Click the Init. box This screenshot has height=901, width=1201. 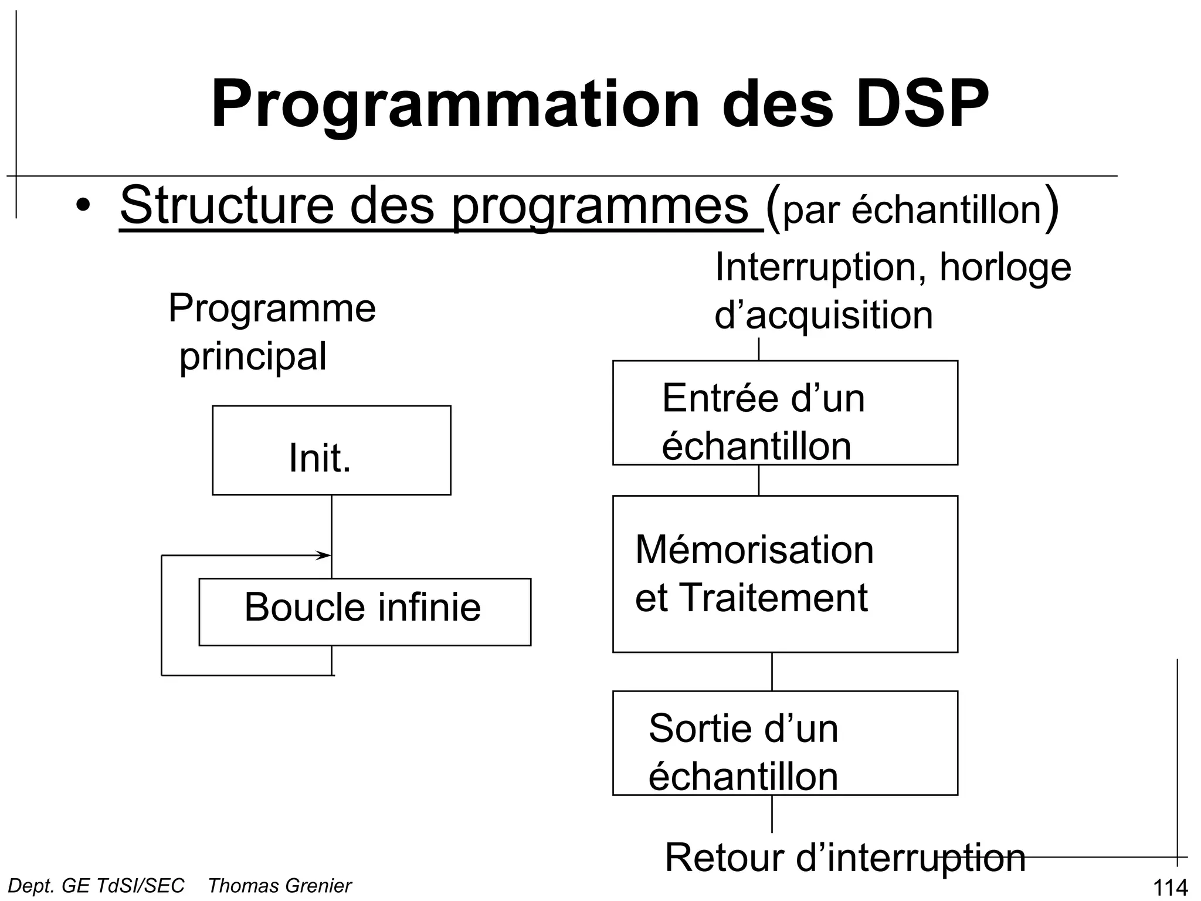(x=331, y=450)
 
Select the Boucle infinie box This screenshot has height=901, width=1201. (x=364, y=611)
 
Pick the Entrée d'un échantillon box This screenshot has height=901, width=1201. (x=785, y=413)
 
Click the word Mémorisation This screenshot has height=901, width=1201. (x=754, y=550)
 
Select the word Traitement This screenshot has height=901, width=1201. (x=774, y=598)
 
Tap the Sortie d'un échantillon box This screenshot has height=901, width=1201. (x=785, y=743)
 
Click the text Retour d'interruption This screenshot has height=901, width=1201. (x=845, y=858)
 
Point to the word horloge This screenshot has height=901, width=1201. (x=1005, y=267)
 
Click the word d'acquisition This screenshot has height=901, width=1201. (x=823, y=315)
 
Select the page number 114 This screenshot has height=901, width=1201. (x=1170, y=888)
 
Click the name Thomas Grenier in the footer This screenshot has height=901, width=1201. (x=280, y=885)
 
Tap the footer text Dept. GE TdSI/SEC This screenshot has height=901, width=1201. (x=96, y=885)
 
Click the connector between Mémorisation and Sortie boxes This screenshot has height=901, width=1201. (x=772, y=671)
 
